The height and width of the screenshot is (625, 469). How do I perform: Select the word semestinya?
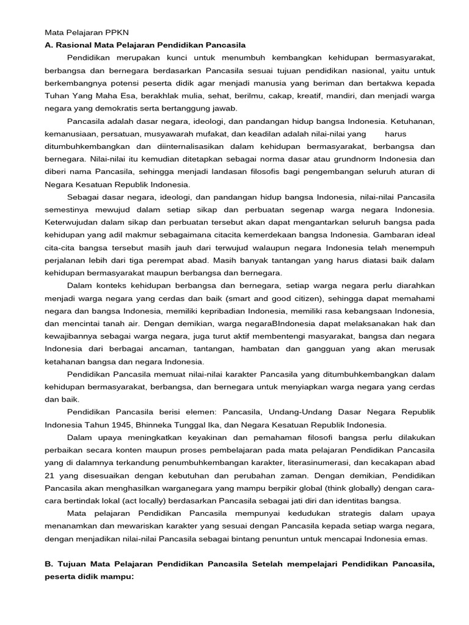(x=69, y=209)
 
